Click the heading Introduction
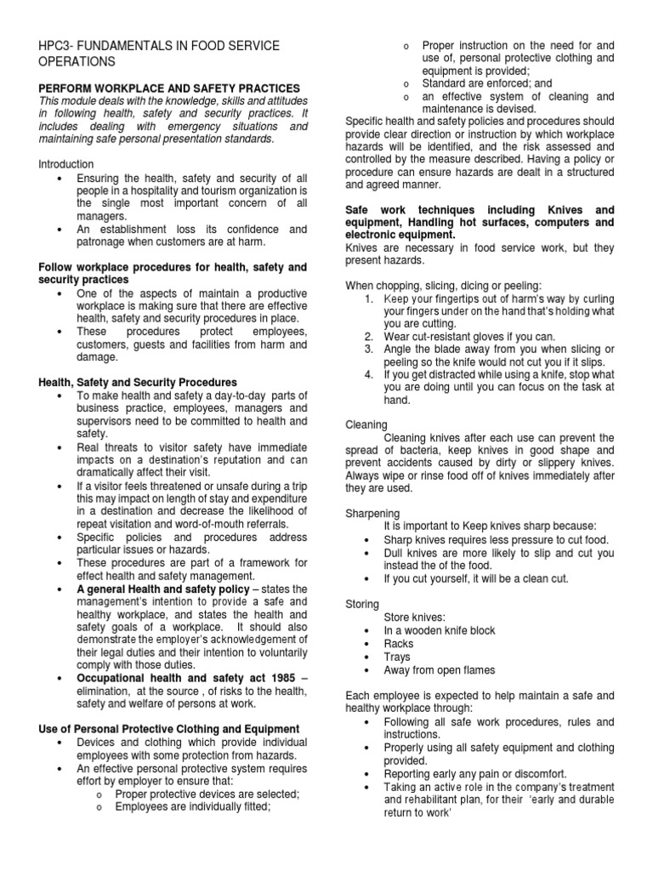66,163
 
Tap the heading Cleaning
366,424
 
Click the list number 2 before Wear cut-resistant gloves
368,337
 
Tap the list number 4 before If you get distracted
368,374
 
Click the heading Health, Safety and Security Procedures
138,383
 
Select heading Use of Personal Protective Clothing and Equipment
169,729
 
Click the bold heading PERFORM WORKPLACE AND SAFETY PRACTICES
169,88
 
